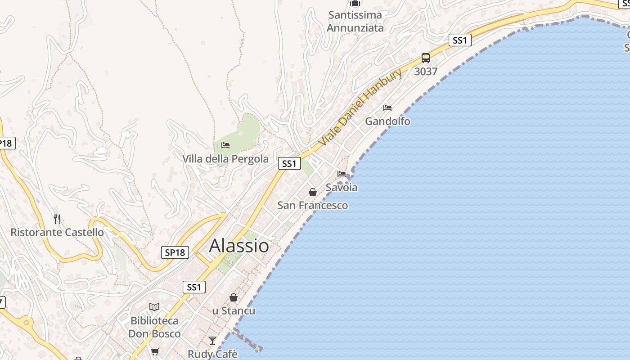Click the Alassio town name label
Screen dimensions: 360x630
[239, 246]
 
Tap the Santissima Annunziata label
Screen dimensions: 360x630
[355, 21]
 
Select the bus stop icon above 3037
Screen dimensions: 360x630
[426, 58]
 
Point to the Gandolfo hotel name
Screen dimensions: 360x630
[387, 121]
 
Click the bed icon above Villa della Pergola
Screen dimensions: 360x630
[225, 145]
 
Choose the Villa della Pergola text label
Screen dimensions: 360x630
[225, 159]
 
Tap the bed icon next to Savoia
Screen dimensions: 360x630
[342, 174]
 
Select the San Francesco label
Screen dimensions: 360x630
[313, 206]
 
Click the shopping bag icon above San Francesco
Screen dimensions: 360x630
[313, 192]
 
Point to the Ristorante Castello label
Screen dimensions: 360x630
[57, 233]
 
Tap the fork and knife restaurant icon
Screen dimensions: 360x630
[57, 219]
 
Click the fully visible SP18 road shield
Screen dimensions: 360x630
[175, 252]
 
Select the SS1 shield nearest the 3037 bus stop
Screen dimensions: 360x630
[459, 40]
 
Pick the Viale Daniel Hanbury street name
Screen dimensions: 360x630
[360, 108]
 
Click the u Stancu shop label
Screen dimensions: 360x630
[234, 311]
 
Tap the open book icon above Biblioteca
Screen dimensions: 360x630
[154, 307]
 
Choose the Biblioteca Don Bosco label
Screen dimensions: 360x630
[154, 327]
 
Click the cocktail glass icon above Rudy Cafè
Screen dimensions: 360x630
[212, 341]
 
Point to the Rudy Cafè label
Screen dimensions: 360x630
[212, 354]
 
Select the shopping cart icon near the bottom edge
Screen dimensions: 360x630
[155, 351]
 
